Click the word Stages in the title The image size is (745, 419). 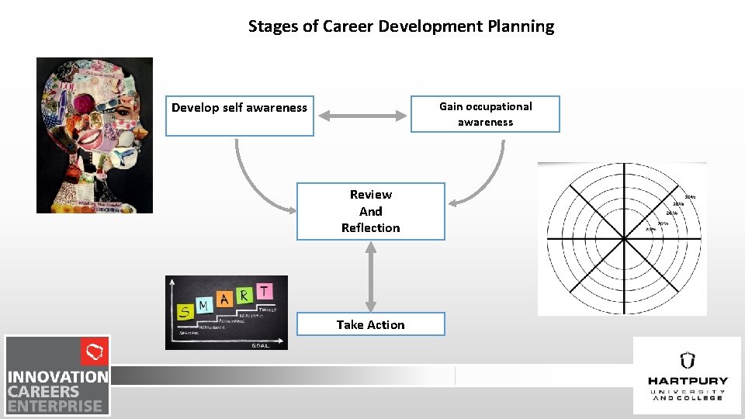point(271,26)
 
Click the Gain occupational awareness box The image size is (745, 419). point(485,114)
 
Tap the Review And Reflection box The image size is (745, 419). point(370,211)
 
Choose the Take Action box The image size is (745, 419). point(370,324)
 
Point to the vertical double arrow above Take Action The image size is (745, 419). point(371,276)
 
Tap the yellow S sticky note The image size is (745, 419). point(185,312)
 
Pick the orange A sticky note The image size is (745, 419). point(225,299)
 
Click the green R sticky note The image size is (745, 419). point(244,295)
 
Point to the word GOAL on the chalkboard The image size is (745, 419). point(261,345)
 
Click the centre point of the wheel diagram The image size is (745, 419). point(622,238)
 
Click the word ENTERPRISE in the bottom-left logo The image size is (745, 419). point(55,405)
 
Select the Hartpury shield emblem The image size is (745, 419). point(687,361)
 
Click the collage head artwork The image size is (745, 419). point(95,135)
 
